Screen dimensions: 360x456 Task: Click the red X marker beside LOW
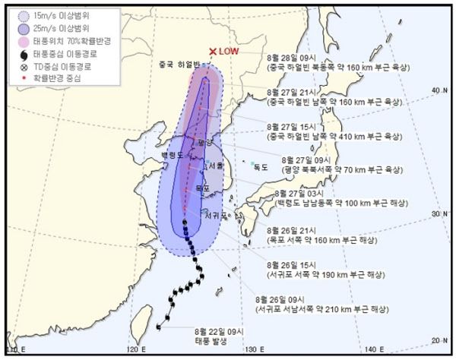pyautogui.click(x=214, y=52)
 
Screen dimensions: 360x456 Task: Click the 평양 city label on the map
pyautogui.click(x=201, y=142)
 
